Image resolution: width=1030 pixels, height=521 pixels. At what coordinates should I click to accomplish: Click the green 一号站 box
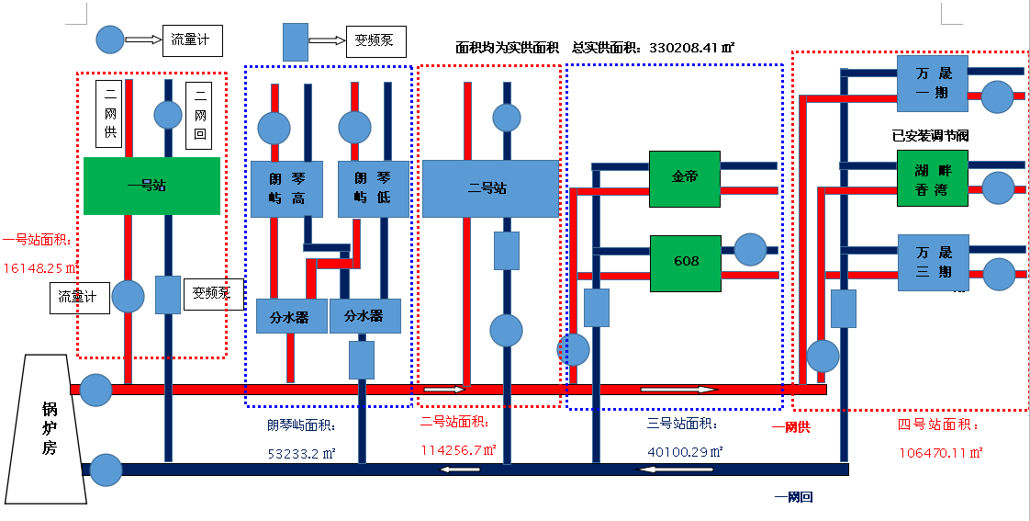click(x=151, y=186)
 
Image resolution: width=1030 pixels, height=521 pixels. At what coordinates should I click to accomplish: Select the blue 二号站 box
click(x=490, y=188)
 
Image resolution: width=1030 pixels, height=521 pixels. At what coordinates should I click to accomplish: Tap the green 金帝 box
click(x=684, y=178)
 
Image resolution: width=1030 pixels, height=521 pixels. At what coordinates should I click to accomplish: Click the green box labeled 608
click(x=686, y=263)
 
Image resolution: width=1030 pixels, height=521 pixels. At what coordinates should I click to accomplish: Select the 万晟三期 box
click(x=933, y=263)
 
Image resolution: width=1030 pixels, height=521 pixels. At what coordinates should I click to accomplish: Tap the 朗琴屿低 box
click(x=373, y=188)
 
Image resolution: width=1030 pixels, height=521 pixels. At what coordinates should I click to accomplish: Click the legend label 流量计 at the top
click(x=192, y=40)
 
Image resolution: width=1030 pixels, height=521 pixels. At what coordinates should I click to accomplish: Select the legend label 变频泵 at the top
click(x=375, y=40)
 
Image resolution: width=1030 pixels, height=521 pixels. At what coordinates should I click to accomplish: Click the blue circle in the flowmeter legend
click(x=110, y=40)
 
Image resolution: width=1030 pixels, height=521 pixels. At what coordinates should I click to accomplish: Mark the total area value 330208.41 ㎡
click(x=691, y=47)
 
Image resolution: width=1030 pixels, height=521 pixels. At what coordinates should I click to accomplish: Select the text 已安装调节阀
click(x=930, y=135)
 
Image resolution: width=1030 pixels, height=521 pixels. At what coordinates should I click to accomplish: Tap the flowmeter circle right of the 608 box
click(x=750, y=250)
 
